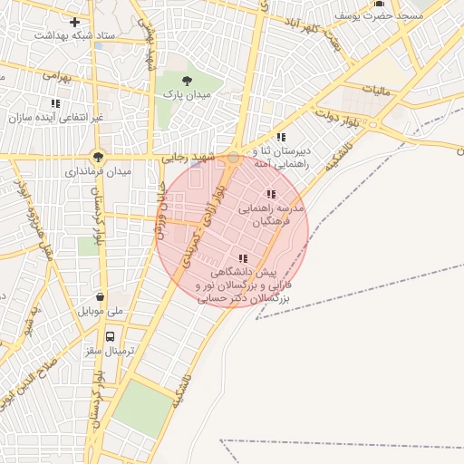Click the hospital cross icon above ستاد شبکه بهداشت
pos(74,21)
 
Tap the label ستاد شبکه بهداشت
pos(74,35)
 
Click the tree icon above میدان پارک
pos(187,81)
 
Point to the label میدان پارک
pos(187,94)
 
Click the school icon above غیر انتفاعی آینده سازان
pos(55,103)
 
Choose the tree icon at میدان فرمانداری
pos(99,155)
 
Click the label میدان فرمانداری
pos(99,170)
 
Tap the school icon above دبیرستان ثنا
pos(281,137)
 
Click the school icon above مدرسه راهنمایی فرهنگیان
pos(270,194)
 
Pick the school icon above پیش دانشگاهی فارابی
pos(242,258)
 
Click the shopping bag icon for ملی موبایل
pos(99,296)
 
